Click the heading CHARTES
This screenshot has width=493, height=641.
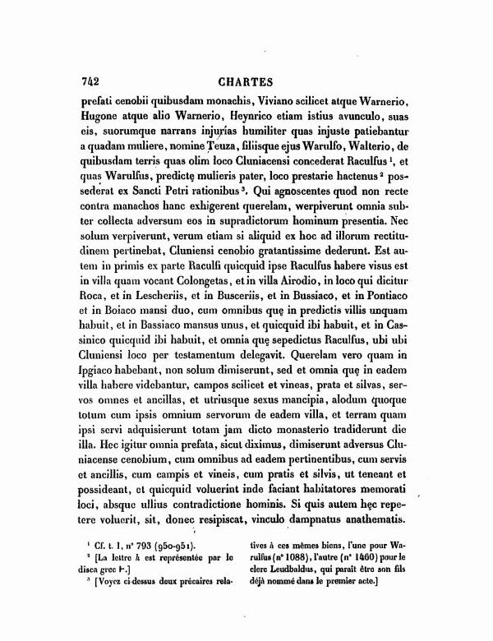pos(247,82)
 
